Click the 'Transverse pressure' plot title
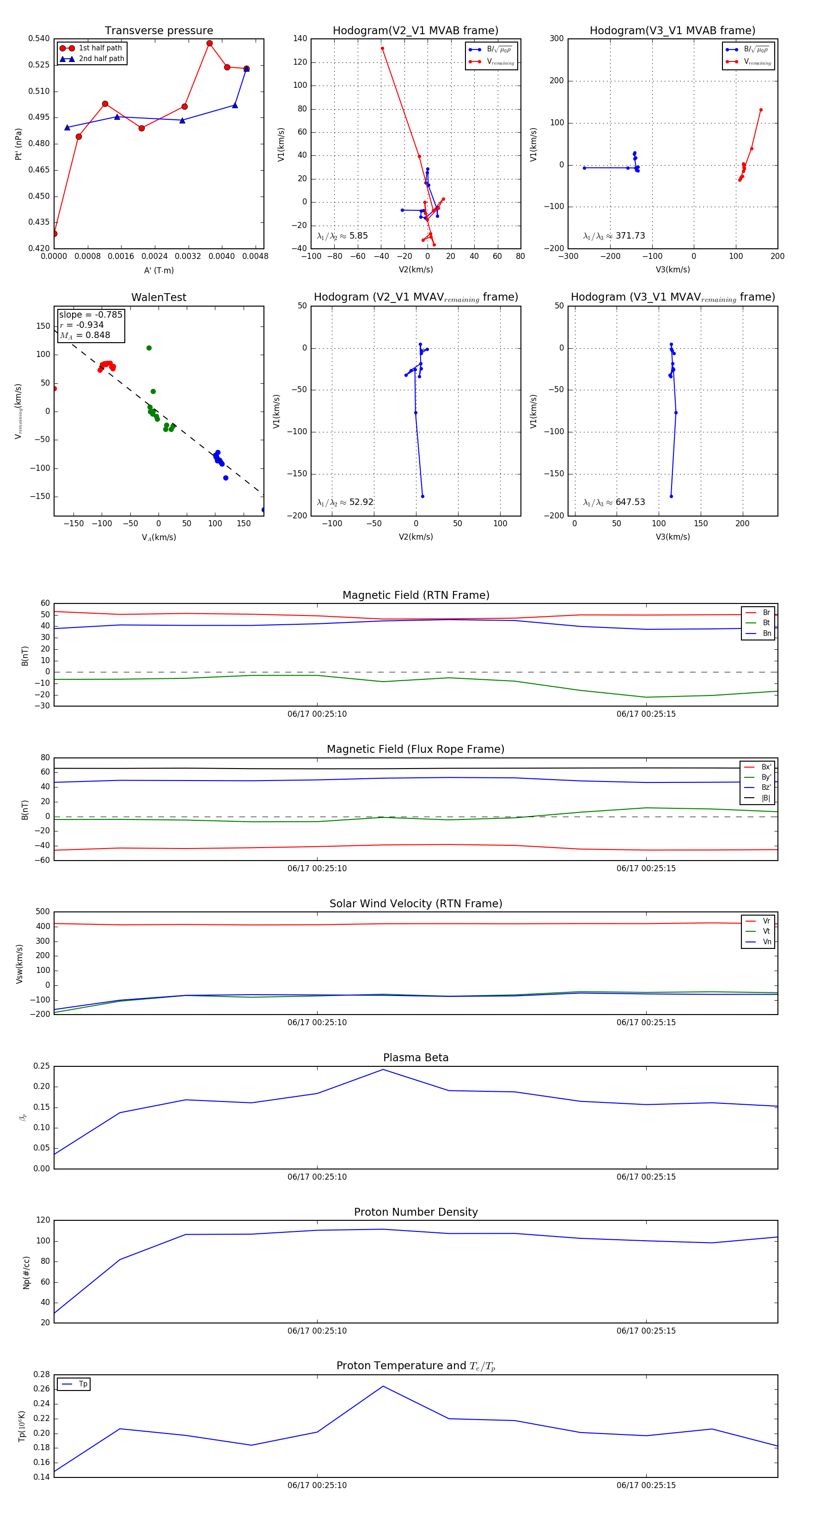(159, 31)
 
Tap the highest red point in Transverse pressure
(210, 43)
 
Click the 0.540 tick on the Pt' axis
(39, 38)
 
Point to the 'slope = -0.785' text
(91, 314)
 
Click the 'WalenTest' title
(159, 297)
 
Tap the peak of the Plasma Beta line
(383, 1069)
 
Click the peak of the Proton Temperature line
(383, 1386)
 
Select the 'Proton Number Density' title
(416, 1212)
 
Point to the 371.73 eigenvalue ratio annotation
(630, 236)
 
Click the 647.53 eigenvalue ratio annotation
(630, 502)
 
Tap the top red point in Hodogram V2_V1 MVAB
(383, 49)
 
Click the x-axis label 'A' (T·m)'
(159, 271)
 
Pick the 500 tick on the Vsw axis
(43, 912)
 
